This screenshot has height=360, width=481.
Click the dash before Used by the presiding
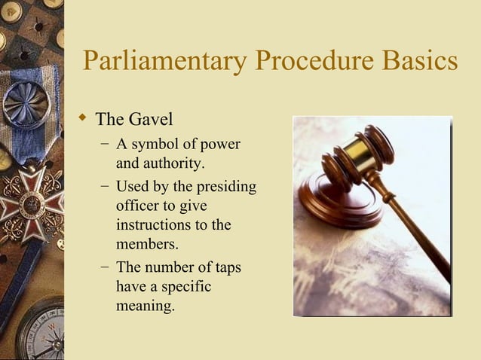pos(103,186)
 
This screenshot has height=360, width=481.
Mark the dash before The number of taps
pos(103,267)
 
